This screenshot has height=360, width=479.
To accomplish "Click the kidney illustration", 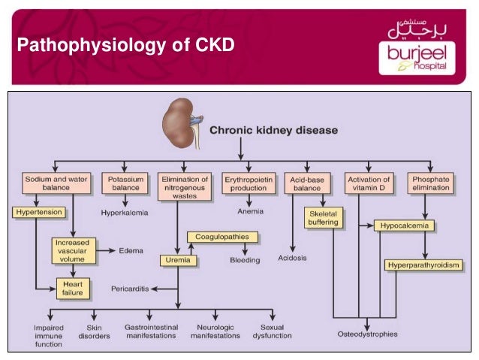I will [179, 119].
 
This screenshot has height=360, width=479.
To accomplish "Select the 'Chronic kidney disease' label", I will [273, 130].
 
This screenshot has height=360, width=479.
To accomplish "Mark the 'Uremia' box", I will [178, 261].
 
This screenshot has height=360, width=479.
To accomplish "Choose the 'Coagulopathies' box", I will [222, 237].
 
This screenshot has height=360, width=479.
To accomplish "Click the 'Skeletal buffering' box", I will [324, 218].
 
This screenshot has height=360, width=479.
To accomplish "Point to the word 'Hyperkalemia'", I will [125, 213].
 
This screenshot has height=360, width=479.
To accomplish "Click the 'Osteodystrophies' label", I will [367, 334].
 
